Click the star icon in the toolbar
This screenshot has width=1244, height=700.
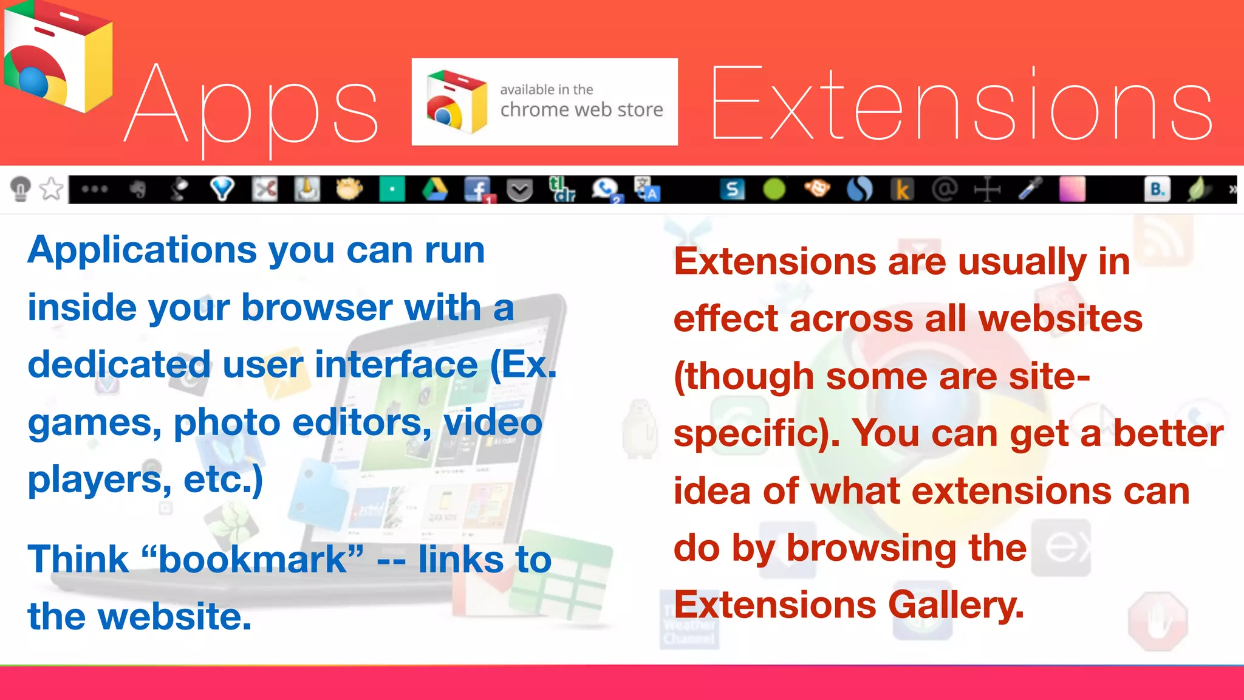click(x=52, y=189)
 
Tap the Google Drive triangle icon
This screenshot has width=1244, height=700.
click(x=435, y=190)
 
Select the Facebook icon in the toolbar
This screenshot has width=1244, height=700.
click(x=478, y=190)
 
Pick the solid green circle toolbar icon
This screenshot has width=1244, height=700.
click(x=774, y=190)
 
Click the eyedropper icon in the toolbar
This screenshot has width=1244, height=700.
click(x=1031, y=189)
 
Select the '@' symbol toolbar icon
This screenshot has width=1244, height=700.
click(x=944, y=190)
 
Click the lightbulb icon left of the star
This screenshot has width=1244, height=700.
click(x=21, y=188)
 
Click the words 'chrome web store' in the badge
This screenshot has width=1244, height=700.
click(x=581, y=110)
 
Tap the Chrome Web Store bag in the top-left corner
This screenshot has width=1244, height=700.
click(x=58, y=58)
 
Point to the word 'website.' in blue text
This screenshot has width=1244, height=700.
click(x=175, y=616)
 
